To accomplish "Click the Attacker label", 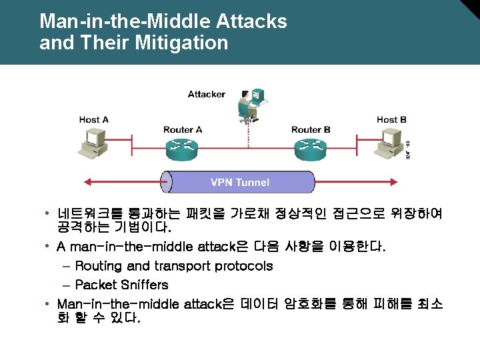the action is tap(206, 94).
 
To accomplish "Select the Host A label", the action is tap(93, 120).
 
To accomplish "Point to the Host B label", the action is tap(391, 120).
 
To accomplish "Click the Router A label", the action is tap(183, 129).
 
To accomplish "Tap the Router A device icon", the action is tap(183, 149).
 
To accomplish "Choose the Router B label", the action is tap(311, 129).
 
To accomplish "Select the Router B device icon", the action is tap(311, 149).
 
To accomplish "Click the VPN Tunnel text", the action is tap(240, 182).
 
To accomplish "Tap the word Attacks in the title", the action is tap(251, 21).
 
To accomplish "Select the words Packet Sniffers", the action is tap(121, 285).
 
